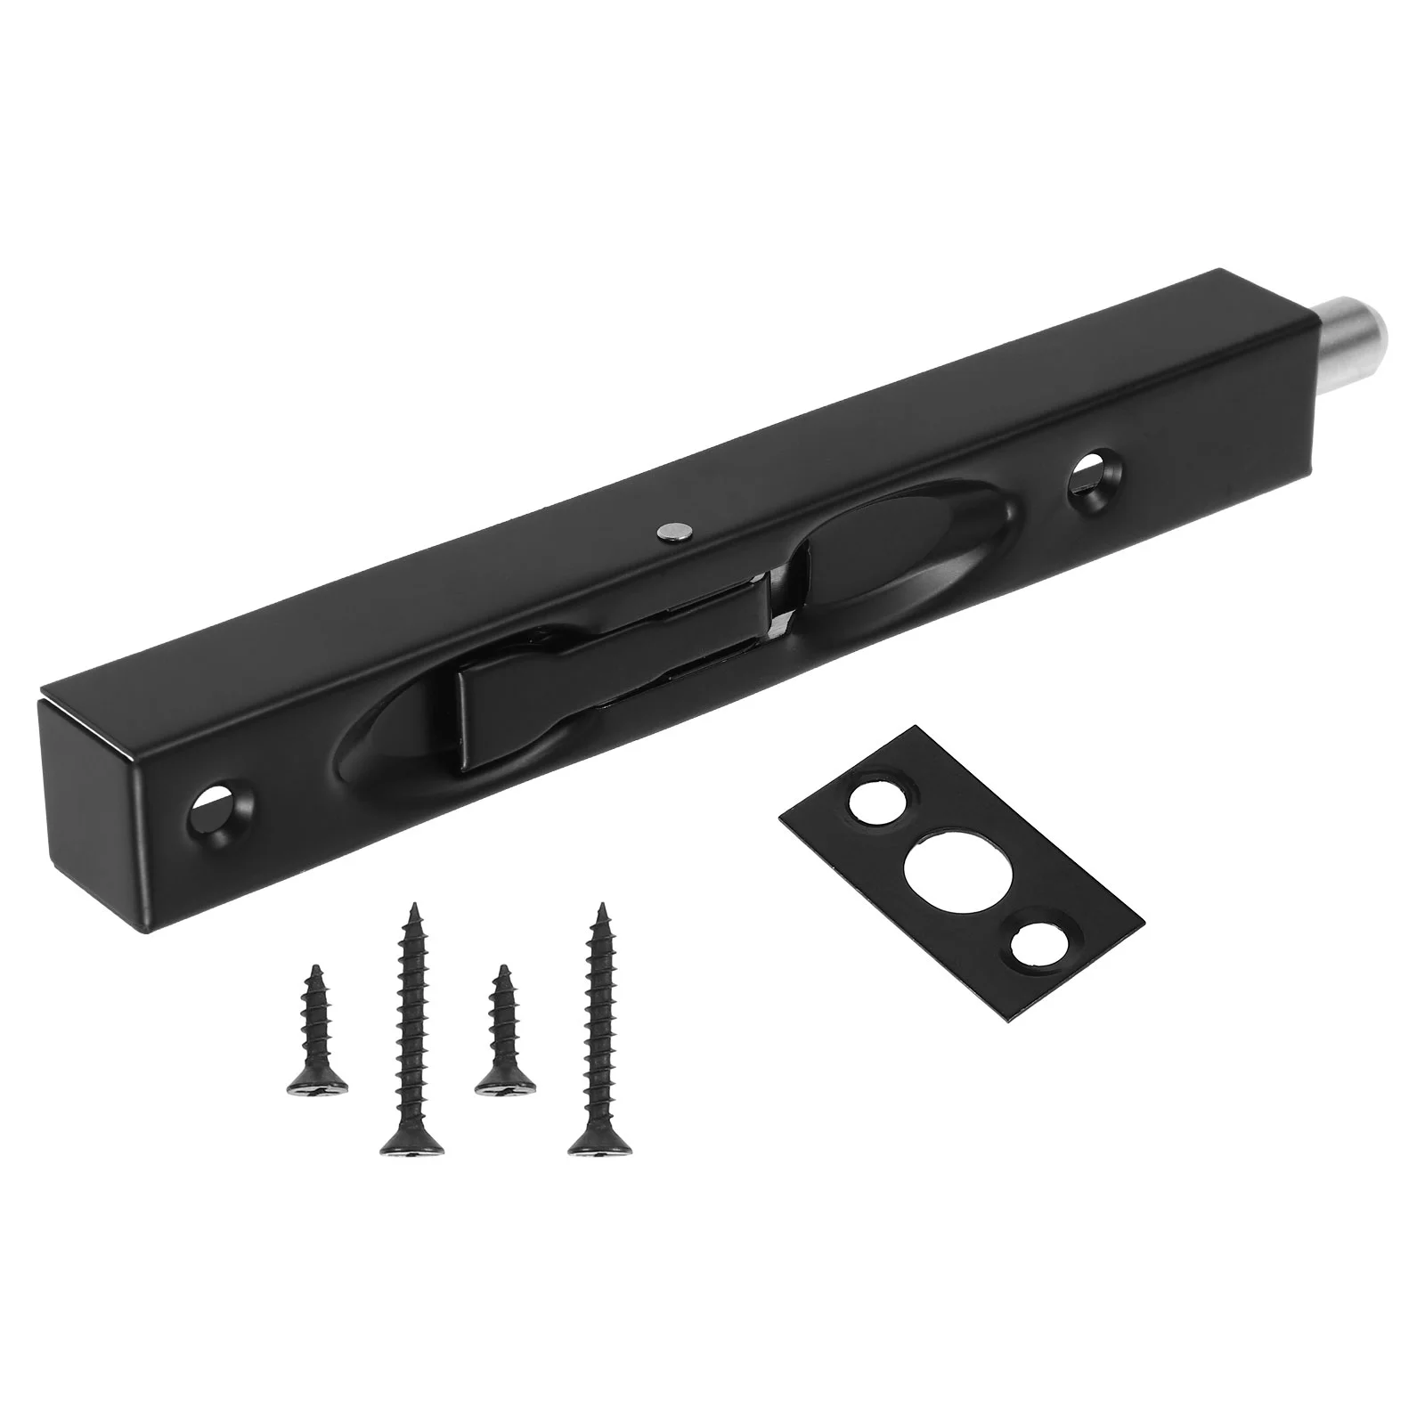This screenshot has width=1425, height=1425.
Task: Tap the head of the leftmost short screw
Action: click(317, 1082)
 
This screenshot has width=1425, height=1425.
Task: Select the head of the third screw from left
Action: click(506, 1080)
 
